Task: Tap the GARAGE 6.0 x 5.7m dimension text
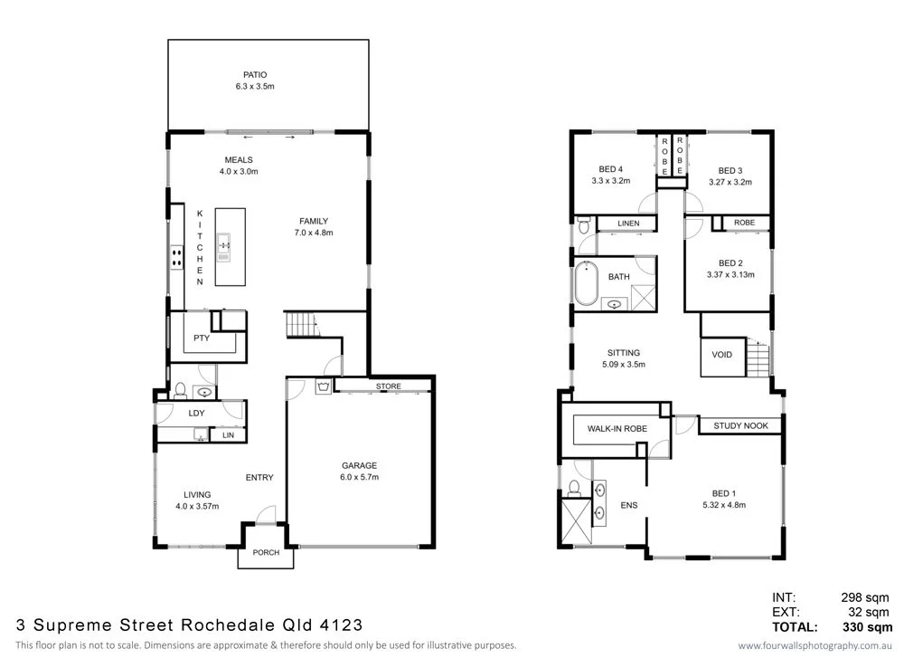click(359, 476)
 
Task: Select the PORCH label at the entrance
click(266, 553)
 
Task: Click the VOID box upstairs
click(722, 355)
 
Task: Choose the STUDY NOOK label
click(739, 425)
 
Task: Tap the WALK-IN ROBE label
click(616, 428)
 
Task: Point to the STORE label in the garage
click(388, 387)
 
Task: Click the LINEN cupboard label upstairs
click(629, 224)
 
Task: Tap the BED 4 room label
click(610, 169)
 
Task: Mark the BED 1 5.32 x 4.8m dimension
click(722, 505)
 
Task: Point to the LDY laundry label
click(196, 413)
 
